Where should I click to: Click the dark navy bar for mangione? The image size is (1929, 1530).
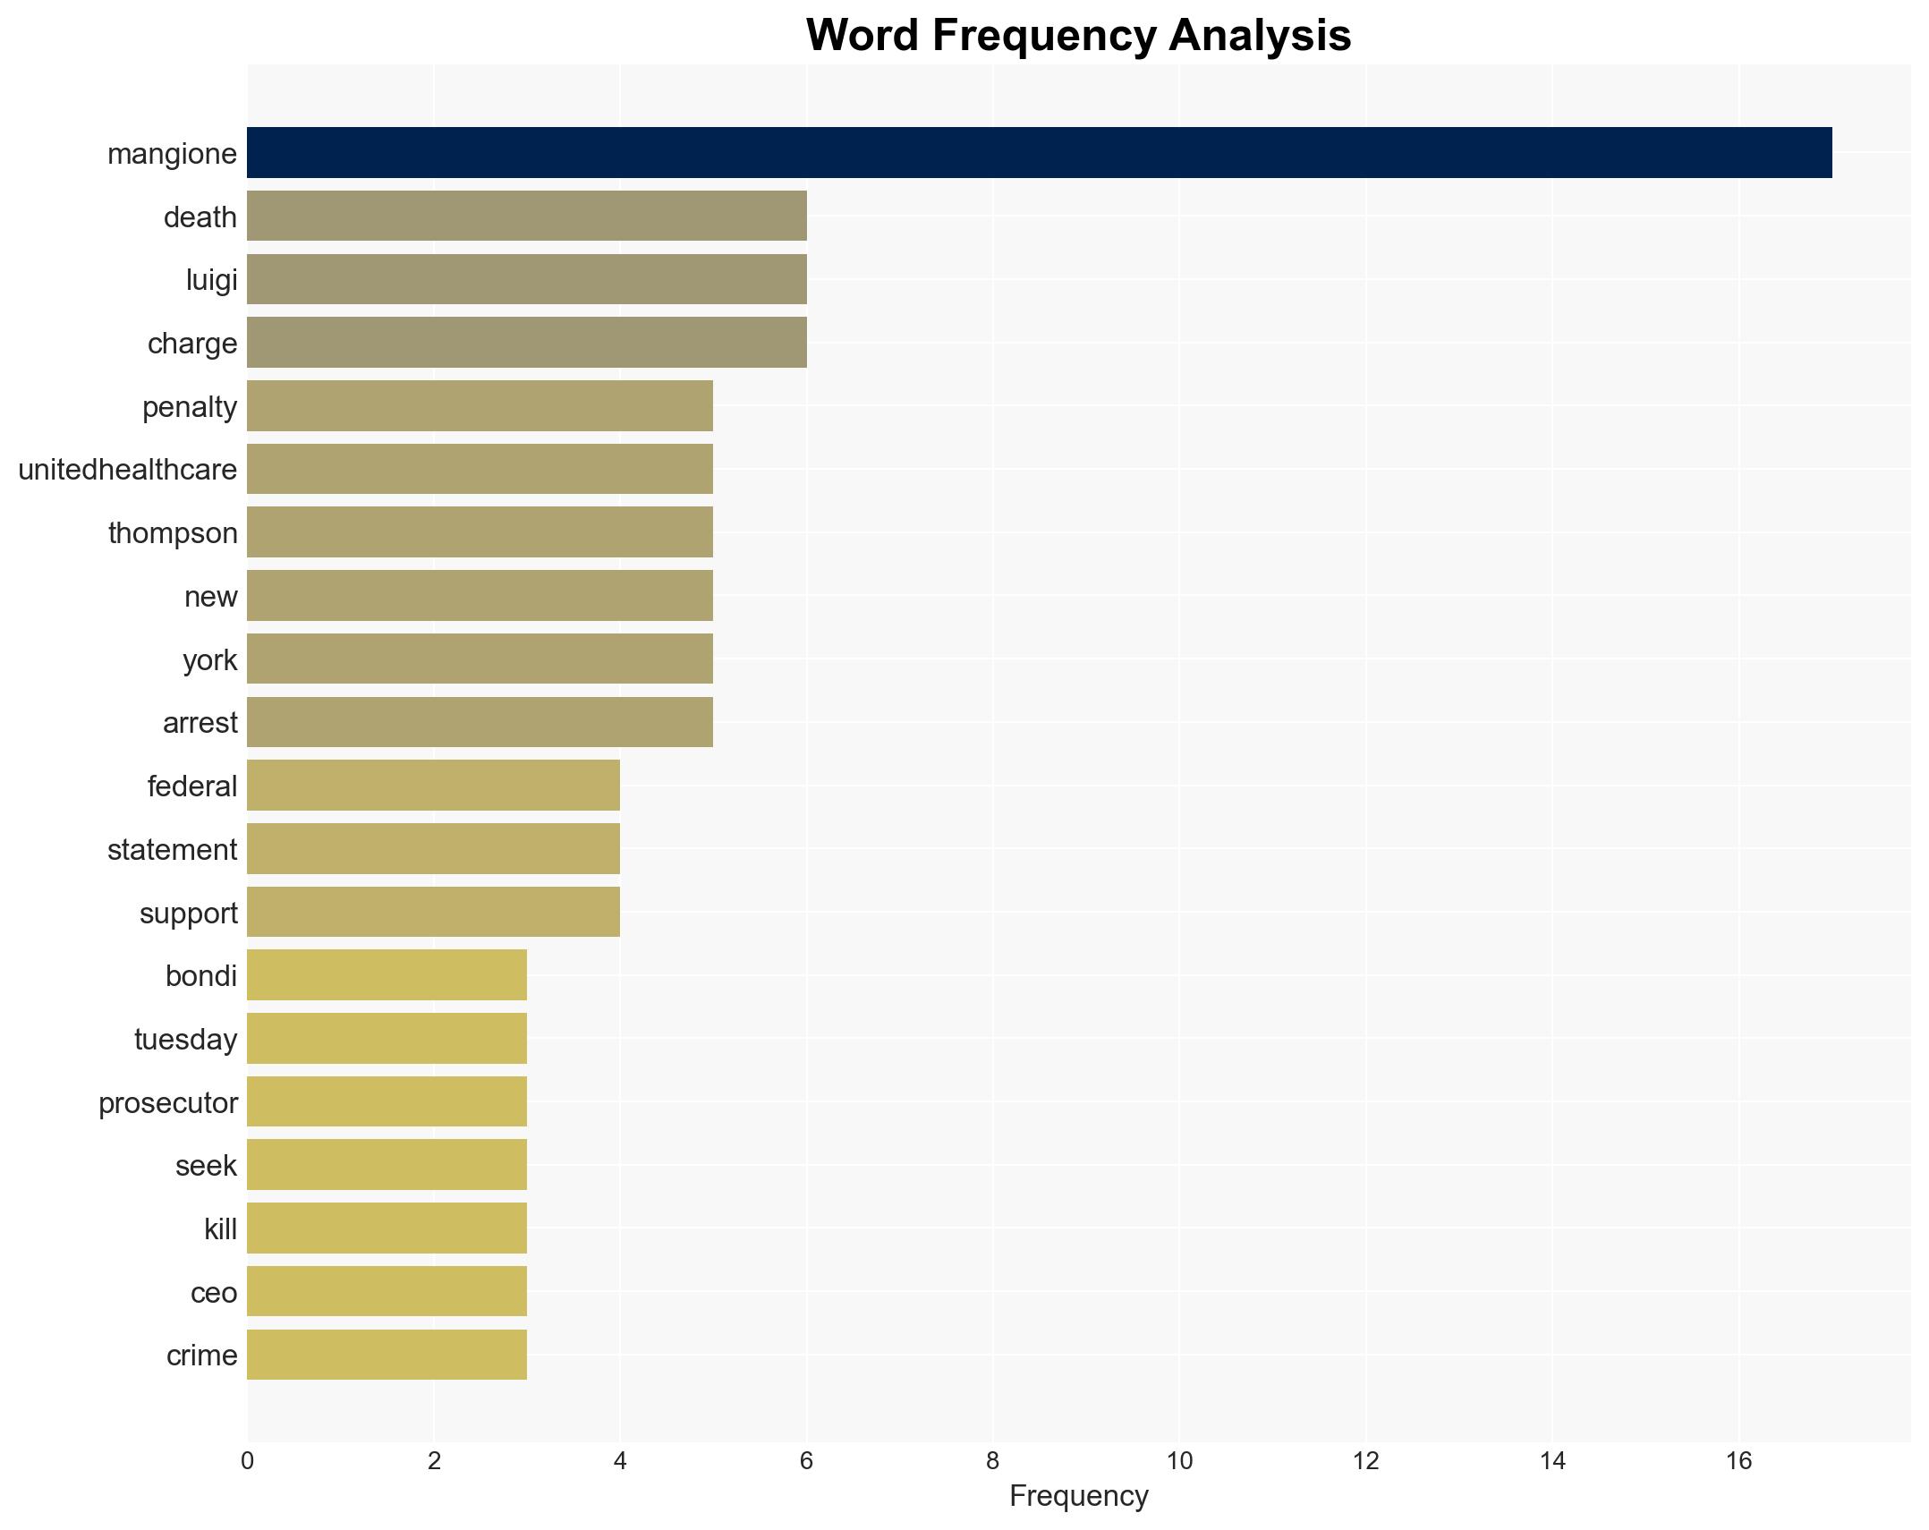click(1039, 153)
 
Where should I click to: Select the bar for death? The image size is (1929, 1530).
click(526, 217)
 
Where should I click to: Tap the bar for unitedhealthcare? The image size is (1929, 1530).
click(480, 469)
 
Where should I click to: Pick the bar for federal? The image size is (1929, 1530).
click(433, 786)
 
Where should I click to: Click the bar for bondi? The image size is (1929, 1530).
click(387, 975)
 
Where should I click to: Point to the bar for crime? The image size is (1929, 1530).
click(387, 1355)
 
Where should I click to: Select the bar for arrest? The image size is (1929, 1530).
click(480, 722)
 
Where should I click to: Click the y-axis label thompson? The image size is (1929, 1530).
click(173, 533)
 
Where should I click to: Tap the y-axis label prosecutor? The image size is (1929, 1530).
click(167, 1103)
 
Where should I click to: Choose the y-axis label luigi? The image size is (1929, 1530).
click(211, 280)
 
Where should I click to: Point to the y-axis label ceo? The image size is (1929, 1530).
click(214, 1293)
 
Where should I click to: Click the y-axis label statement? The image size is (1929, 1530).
click(172, 850)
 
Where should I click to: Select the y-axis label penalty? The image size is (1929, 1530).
click(190, 407)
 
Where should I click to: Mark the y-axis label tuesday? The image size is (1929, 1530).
click(185, 1040)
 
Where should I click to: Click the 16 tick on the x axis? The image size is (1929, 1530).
click(1738, 1461)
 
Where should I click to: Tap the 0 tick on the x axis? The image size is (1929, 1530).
click(247, 1461)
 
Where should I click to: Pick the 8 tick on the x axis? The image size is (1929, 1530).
click(992, 1461)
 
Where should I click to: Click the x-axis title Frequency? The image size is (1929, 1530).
click(1078, 1496)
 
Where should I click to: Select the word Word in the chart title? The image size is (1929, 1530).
click(861, 36)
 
